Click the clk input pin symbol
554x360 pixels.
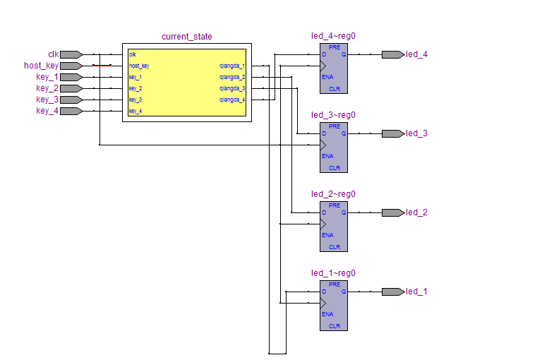[x=71, y=54]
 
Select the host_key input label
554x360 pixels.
[x=41, y=66]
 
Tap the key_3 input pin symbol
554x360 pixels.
[x=71, y=100]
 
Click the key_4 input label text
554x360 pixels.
[x=47, y=111]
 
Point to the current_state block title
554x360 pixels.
[x=186, y=37]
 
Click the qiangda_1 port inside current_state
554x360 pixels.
[x=232, y=66]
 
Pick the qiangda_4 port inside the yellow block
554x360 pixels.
[x=232, y=100]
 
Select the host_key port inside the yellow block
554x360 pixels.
[x=139, y=66]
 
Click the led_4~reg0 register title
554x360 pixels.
[x=333, y=36]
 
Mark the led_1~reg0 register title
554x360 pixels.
[x=333, y=273]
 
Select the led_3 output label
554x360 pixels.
[x=416, y=133]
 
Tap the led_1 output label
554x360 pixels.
[x=416, y=292]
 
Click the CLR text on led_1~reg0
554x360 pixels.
[x=335, y=326]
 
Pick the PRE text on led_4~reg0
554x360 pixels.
[x=335, y=47]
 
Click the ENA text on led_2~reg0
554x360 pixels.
[x=327, y=235]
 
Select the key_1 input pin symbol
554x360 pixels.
[x=71, y=77]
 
